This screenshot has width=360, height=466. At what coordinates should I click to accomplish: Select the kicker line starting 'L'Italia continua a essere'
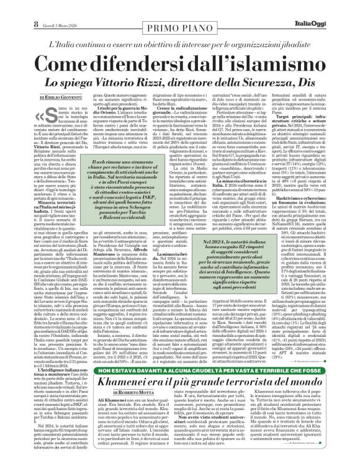click(180, 38)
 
